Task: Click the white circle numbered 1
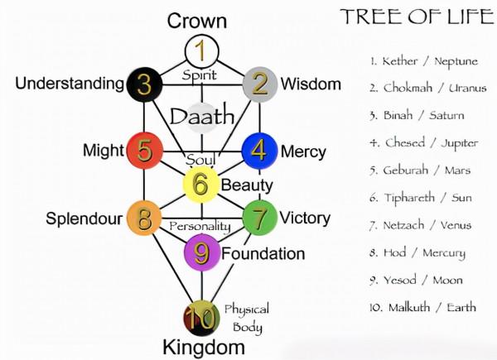pyautogui.click(x=200, y=50)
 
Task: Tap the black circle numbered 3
pyautogui.click(x=144, y=84)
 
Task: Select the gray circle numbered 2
pyautogui.click(x=259, y=84)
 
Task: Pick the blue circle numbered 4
pyautogui.click(x=258, y=151)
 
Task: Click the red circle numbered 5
pyautogui.click(x=144, y=151)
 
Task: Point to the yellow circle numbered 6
pyautogui.click(x=200, y=185)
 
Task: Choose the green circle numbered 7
pyautogui.click(x=258, y=218)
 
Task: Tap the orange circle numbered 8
pyautogui.click(x=144, y=219)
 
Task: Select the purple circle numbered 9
pyautogui.click(x=201, y=252)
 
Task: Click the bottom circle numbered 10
pyautogui.click(x=200, y=318)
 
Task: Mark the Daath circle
pyautogui.click(x=201, y=118)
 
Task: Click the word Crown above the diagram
pyautogui.click(x=197, y=21)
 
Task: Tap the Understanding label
pyautogui.click(x=70, y=84)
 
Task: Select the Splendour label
pyautogui.click(x=84, y=219)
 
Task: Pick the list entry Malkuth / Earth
pyautogui.click(x=423, y=307)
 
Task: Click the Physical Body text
pyautogui.click(x=246, y=317)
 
